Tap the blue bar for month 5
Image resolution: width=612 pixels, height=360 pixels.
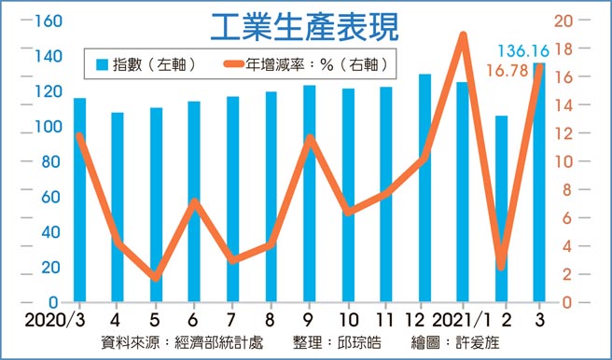tap(156, 205)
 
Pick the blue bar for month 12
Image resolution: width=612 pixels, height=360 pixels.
tap(424, 187)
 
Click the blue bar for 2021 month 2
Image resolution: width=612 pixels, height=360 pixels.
tap(501, 210)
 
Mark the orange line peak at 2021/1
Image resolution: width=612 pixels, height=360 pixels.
tap(463, 36)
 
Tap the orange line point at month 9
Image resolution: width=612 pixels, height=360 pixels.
tap(310, 140)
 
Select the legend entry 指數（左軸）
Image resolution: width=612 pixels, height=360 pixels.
tap(145, 65)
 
